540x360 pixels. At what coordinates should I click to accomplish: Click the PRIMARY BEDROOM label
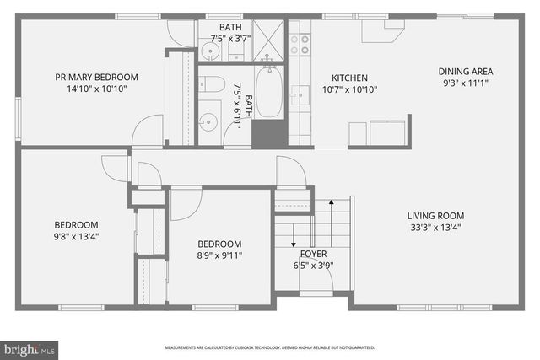[96, 78]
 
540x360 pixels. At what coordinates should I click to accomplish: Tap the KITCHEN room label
[349, 78]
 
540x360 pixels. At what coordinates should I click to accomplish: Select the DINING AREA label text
[465, 72]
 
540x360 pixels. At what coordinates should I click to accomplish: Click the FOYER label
[314, 253]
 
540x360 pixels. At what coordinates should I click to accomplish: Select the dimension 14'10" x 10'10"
[96, 89]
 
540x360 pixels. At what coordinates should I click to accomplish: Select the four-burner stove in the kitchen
[300, 44]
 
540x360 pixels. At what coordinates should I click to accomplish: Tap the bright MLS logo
[30, 347]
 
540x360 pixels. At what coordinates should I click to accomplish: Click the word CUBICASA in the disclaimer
[245, 347]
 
